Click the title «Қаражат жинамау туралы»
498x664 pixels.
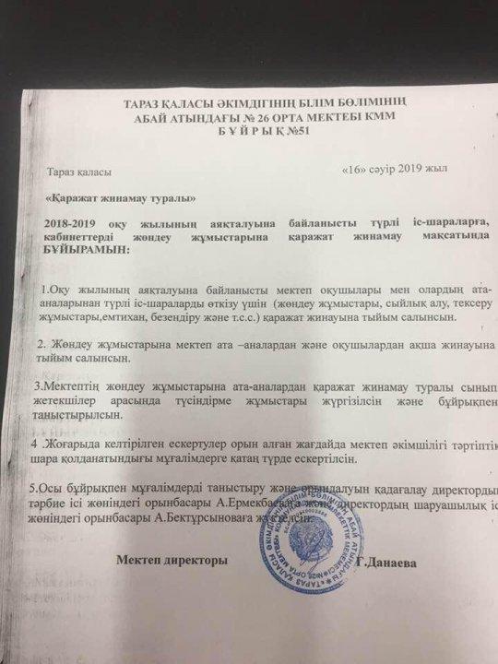[120, 199]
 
